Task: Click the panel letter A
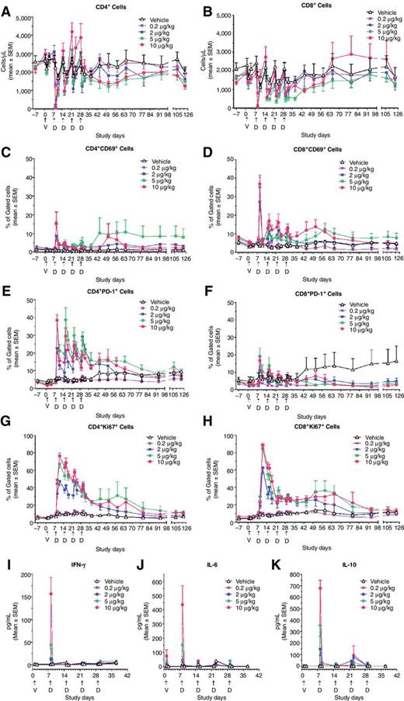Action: click(x=5, y=7)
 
